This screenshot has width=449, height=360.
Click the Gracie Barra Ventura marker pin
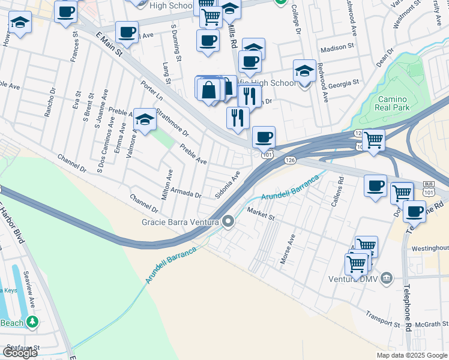click(228, 222)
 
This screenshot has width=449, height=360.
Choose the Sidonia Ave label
click(228, 185)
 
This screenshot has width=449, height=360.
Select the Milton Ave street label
click(167, 184)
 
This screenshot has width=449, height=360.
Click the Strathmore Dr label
click(172, 122)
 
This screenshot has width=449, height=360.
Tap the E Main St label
click(109, 46)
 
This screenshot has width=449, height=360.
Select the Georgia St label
click(343, 82)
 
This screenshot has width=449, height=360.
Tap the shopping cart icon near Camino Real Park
click(373, 141)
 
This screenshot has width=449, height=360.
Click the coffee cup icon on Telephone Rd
click(414, 211)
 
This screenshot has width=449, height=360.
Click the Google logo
click(20, 353)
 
